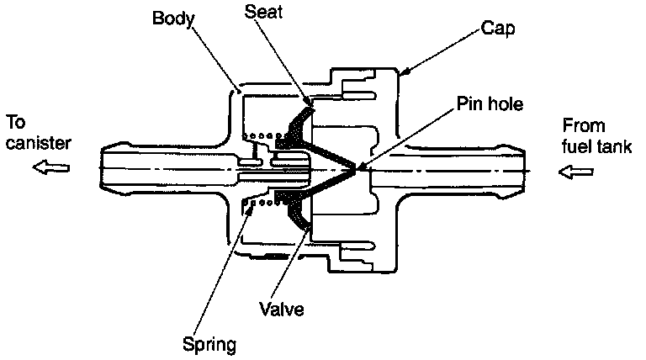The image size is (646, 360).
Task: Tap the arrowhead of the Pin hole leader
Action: pos(360,167)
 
